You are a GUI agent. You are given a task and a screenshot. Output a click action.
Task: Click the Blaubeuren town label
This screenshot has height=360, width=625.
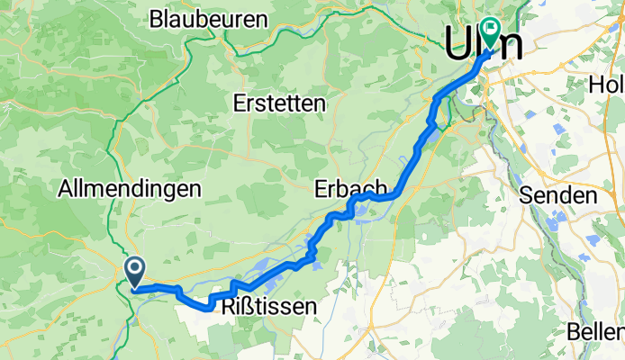point(209,18)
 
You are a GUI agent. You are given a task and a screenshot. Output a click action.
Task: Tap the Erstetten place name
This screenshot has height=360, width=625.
point(278,103)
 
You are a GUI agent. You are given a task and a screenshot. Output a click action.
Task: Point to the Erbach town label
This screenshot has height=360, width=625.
point(349,190)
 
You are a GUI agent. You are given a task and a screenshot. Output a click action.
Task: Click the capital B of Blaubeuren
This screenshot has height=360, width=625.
point(157,18)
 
